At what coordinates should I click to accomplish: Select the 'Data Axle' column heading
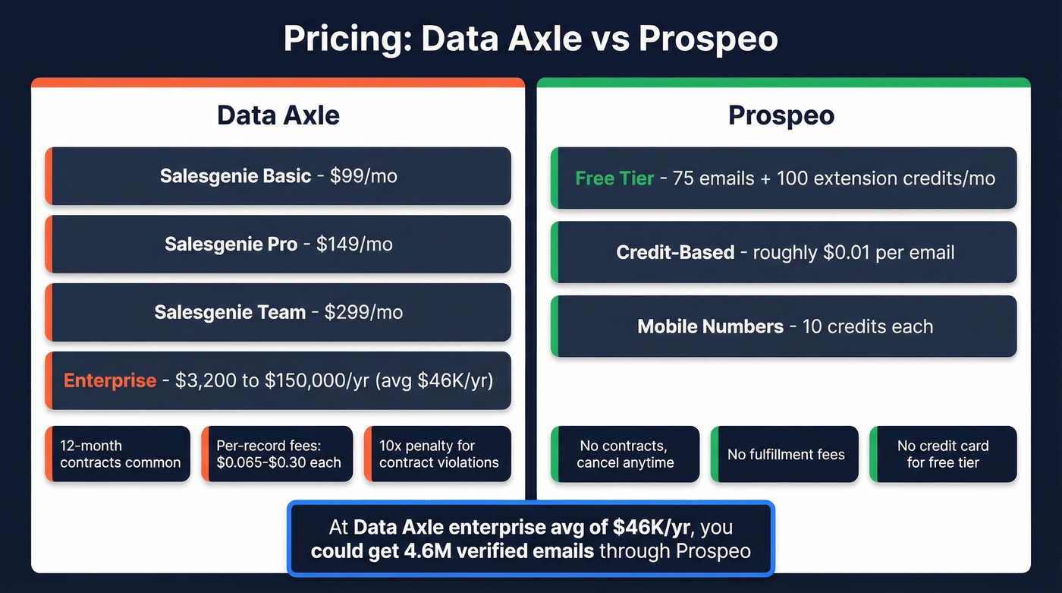click(278, 115)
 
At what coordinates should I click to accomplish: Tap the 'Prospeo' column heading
click(781, 115)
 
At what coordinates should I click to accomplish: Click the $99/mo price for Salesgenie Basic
click(363, 177)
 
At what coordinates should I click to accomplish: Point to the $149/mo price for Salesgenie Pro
click(354, 244)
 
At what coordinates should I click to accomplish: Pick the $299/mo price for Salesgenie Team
click(363, 312)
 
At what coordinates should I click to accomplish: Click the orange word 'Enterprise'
click(110, 380)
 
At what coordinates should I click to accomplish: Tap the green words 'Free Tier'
click(614, 178)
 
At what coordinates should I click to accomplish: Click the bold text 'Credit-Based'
click(675, 252)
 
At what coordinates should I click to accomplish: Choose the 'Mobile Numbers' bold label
click(710, 326)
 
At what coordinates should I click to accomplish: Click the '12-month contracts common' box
click(120, 454)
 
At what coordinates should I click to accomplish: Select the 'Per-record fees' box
click(278, 454)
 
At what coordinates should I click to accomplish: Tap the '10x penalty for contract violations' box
click(438, 454)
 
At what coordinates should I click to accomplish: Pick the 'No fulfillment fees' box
click(786, 454)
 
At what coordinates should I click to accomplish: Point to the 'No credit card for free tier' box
click(943, 454)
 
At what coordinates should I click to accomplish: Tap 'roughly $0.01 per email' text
click(853, 252)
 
